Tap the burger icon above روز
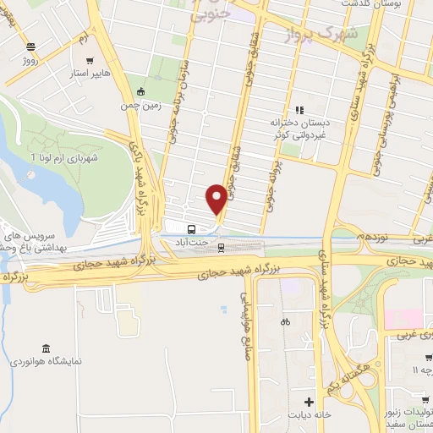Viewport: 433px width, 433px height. point(31,47)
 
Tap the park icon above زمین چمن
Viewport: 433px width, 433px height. point(140,92)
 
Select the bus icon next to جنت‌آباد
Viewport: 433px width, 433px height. point(192,227)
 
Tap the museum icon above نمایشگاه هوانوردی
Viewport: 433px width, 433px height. point(44,348)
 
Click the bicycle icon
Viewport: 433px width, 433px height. point(285,321)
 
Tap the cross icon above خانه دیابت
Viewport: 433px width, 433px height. point(309,400)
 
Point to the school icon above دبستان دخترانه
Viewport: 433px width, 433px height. point(298,109)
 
